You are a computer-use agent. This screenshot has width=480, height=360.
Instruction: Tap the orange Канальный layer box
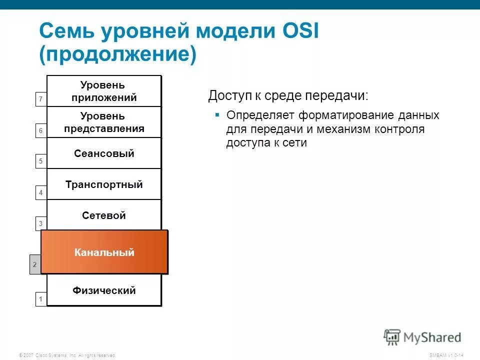(x=104, y=252)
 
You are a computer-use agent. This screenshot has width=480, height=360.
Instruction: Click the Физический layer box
(x=104, y=290)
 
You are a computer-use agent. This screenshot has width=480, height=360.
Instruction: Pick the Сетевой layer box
(x=104, y=215)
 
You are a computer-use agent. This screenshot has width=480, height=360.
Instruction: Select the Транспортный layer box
(x=104, y=184)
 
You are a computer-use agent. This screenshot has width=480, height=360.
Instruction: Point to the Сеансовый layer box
(x=104, y=153)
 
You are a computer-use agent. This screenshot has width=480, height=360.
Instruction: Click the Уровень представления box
(x=104, y=122)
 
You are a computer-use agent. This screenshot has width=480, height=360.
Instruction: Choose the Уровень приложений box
(x=104, y=91)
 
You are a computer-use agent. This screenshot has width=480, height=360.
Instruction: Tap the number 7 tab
(x=41, y=100)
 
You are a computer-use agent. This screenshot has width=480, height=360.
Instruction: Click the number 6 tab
(x=41, y=131)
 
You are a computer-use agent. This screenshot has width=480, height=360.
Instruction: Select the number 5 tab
(x=41, y=161)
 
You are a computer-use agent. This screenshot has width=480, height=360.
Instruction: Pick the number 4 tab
(x=41, y=192)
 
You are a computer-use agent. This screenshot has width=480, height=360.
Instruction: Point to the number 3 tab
(x=41, y=223)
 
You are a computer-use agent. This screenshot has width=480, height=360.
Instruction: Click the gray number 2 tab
(x=34, y=264)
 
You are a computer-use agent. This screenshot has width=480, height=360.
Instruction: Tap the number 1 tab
(x=41, y=299)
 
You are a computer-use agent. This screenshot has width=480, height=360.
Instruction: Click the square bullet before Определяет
(x=217, y=115)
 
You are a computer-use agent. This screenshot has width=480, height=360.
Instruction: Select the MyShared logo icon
(x=392, y=336)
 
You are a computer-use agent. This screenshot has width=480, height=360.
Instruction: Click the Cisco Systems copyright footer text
(x=67, y=355)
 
